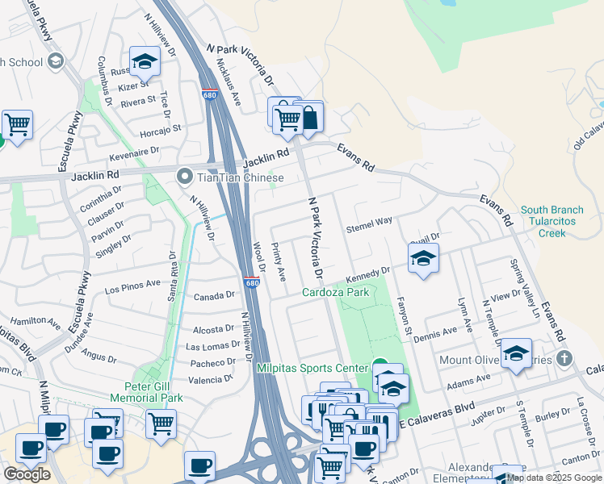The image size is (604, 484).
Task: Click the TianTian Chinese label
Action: click(241, 177)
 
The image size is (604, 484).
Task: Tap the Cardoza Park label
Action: click(336, 292)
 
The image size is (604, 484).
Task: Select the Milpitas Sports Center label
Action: click(312, 368)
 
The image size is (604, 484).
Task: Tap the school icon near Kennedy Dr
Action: click(422, 260)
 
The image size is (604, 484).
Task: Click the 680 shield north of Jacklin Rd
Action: click(211, 94)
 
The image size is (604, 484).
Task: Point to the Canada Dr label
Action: click(214, 296)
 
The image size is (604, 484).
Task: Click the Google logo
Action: click(27, 474)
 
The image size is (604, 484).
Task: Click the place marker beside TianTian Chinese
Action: click(186, 176)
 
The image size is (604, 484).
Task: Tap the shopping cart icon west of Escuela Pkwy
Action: click(16, 125)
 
